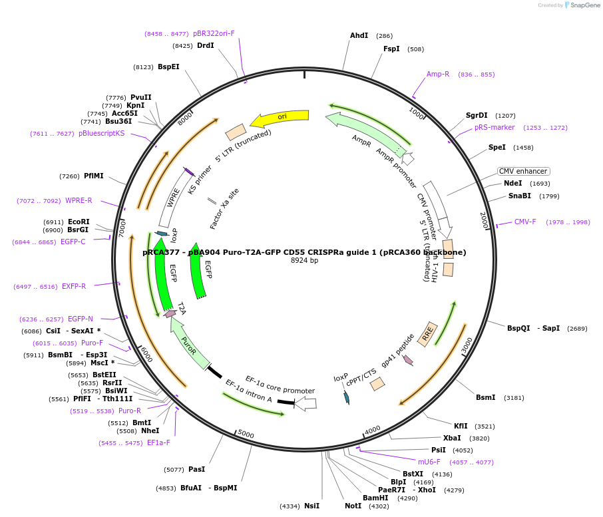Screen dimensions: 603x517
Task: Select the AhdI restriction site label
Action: [x=359, y=35]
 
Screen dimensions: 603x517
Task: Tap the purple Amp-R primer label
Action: [x=438, y=74]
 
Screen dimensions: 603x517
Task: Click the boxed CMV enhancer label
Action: [x=524, y=171]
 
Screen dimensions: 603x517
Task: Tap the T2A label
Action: [x=182, y=308]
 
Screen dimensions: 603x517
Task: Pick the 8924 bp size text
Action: [x=304, y=260]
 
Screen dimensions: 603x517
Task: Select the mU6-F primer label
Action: [x=429, y=462]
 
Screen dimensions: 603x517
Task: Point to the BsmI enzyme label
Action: [x=485, y=397]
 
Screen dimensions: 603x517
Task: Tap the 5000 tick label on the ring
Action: [x=246, y=434]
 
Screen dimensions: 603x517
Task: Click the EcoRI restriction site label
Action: [x=79, y=222]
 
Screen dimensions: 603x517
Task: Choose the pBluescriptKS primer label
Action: [x=101, y=133]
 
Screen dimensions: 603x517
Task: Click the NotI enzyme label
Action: [x=353, y=506]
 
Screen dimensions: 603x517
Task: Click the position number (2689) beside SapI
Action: [x=577, y=328]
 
